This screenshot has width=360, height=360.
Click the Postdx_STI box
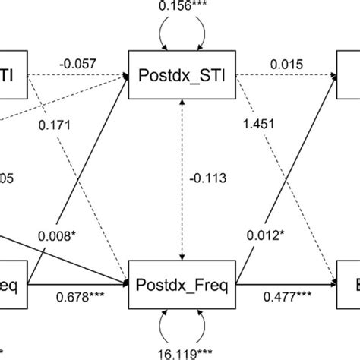180,76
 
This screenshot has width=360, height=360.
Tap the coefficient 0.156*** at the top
179,6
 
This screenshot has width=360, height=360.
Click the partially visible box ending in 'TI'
13,76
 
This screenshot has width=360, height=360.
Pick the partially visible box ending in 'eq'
13,286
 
